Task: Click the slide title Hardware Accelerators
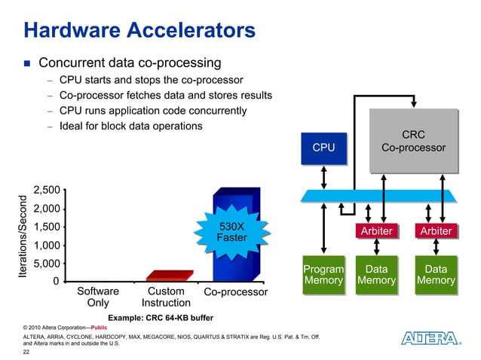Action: point(139,31)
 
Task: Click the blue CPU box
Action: point(323,147)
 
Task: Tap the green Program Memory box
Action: point(323,275)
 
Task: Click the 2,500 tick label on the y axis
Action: point(47,191)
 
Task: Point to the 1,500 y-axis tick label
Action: point(47,227)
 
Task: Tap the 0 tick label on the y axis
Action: point(56,282)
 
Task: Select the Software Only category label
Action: point(98,297)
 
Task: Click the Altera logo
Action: point(428,340)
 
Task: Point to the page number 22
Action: point(28,351)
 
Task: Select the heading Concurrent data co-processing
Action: point(129,62)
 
